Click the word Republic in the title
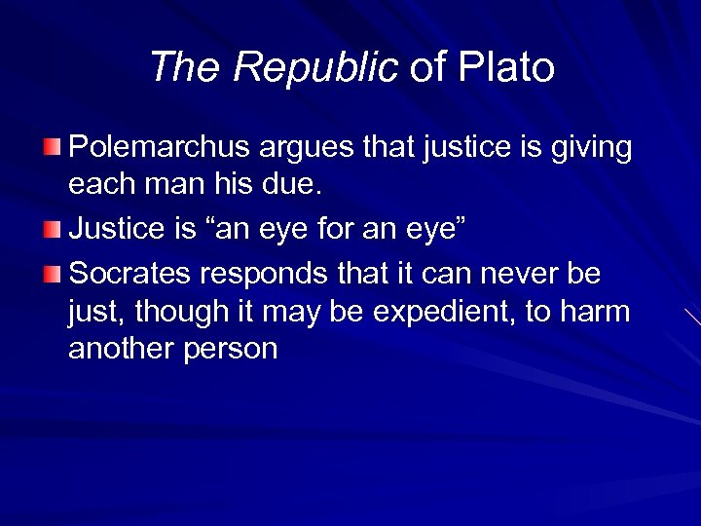point(315,67)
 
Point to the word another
point(123,350)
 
